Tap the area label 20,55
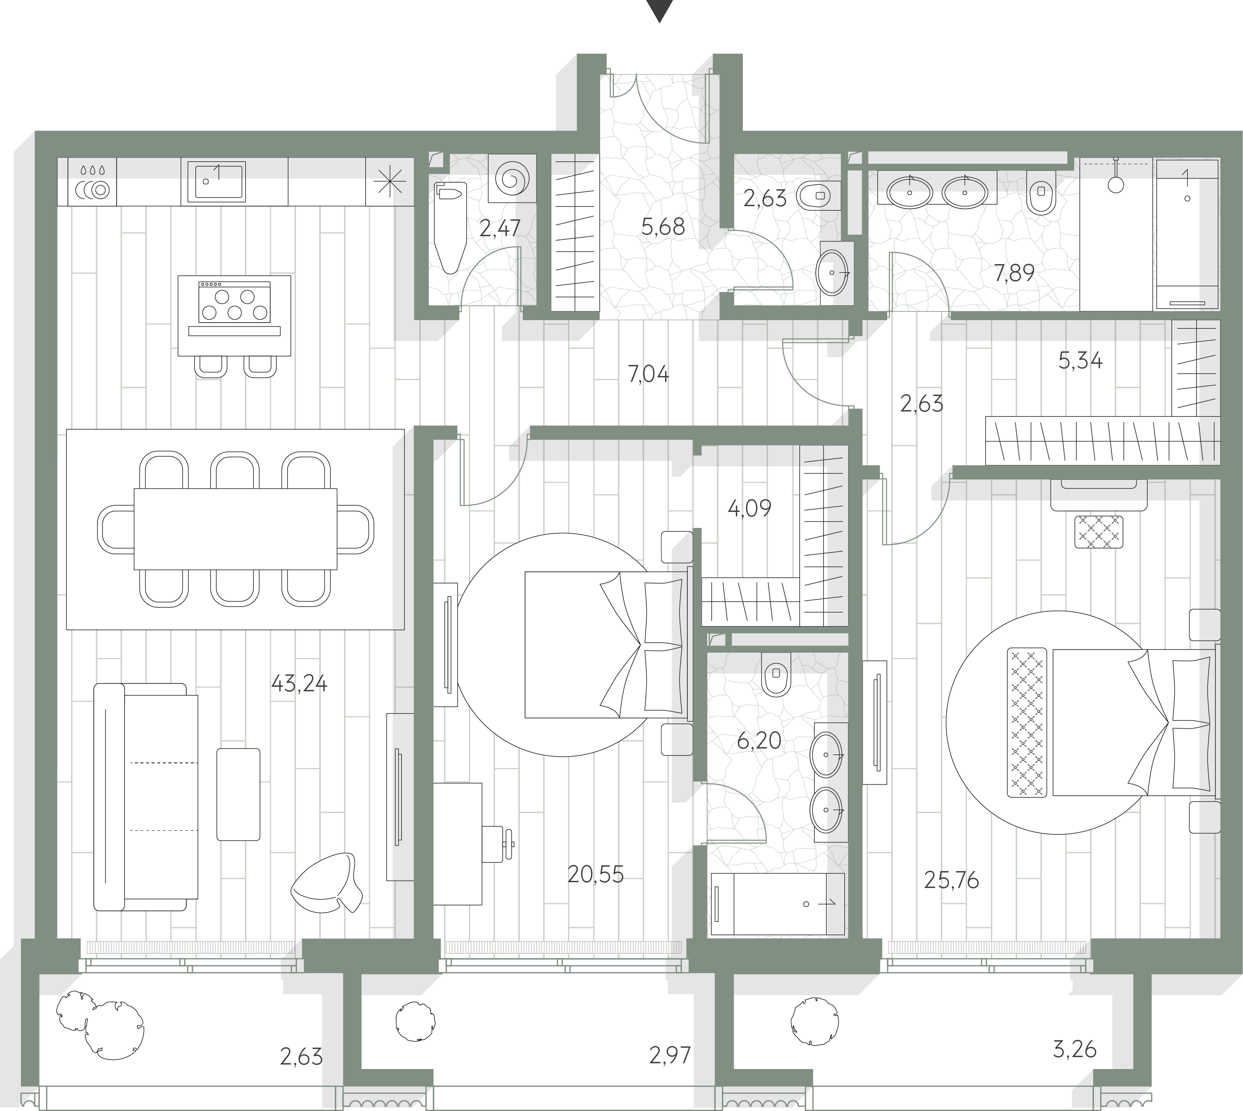(x=596, y=875)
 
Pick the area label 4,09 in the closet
(x=749, y=507)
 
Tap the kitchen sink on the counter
(x=216, y=181)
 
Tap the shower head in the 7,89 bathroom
(x=1115, y=183)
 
